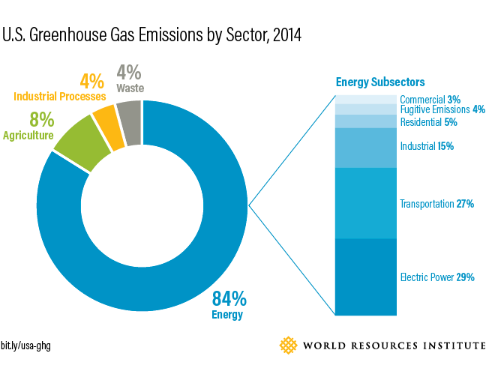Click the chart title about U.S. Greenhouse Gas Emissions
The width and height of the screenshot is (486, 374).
[x=152, y=36]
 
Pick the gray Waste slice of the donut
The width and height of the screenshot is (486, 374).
[x=130, y=113]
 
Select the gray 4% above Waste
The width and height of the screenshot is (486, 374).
[x=128, y=73]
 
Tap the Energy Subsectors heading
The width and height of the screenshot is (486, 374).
[x=380, y=82]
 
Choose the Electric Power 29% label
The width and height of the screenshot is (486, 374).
[x=436, y=277]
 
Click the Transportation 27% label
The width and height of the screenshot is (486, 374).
[x=436, y=204]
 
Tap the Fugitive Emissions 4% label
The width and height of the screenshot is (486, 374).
[x=442, y=109]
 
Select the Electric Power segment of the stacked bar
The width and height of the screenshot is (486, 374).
[x=365, y=277]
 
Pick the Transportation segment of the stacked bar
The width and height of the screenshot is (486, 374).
[x=365, y=203]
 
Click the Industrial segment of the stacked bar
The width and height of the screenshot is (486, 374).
[x=365, y=148]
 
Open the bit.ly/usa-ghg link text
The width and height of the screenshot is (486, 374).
[x=25, y=346]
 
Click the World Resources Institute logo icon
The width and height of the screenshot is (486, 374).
[x=288, y=345]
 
